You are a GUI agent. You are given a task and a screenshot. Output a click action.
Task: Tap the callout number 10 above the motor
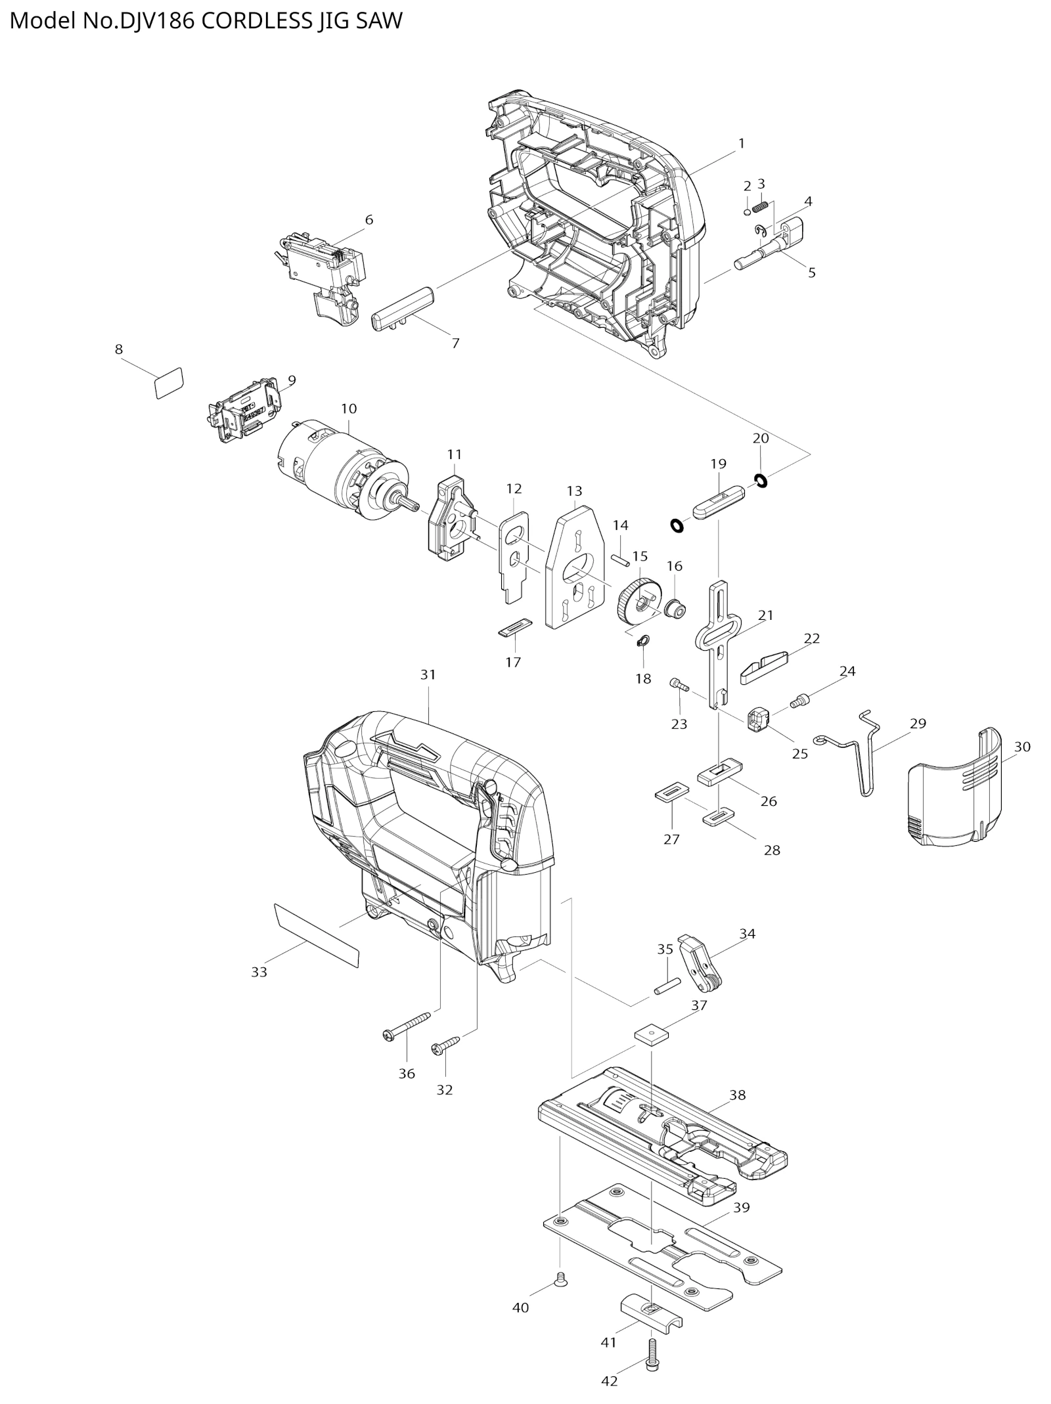(349, 408)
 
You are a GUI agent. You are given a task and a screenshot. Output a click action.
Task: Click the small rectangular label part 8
(168, 383)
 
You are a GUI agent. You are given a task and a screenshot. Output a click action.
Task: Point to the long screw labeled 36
(406, 1026)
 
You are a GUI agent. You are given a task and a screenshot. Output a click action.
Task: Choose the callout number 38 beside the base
(738, 1095)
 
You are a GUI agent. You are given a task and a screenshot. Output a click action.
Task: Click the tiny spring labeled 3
(761, 208)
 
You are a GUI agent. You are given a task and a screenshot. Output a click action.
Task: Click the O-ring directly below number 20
(761, 481)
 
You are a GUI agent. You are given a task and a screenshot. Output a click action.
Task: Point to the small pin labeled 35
(666, 986)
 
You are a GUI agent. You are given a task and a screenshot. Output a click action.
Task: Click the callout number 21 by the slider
(766, 615)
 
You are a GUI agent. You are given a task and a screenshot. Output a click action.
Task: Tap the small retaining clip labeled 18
(643, 640)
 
